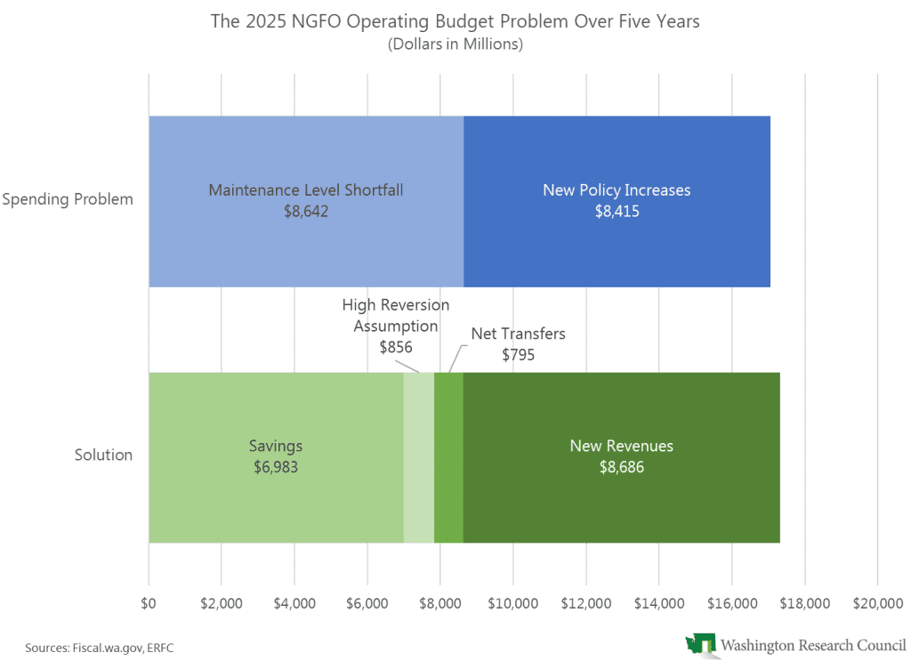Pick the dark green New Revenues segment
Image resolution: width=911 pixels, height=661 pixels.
621,498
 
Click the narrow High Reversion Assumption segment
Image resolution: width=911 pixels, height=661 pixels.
419,457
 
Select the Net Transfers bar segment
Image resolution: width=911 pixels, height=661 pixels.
448,457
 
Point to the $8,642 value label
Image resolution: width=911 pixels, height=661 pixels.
306,212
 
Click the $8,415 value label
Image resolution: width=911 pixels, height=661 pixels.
617,212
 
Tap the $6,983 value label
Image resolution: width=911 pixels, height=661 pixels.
276,466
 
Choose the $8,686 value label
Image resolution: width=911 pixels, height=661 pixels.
621,466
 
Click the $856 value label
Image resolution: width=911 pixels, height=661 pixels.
396,347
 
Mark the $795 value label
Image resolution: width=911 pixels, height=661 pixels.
519,354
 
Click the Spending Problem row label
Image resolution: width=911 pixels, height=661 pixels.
68,198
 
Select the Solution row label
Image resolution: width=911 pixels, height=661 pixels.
103,455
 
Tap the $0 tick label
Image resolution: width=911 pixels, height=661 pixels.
149,602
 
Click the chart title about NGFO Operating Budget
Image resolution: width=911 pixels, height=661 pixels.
455,21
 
